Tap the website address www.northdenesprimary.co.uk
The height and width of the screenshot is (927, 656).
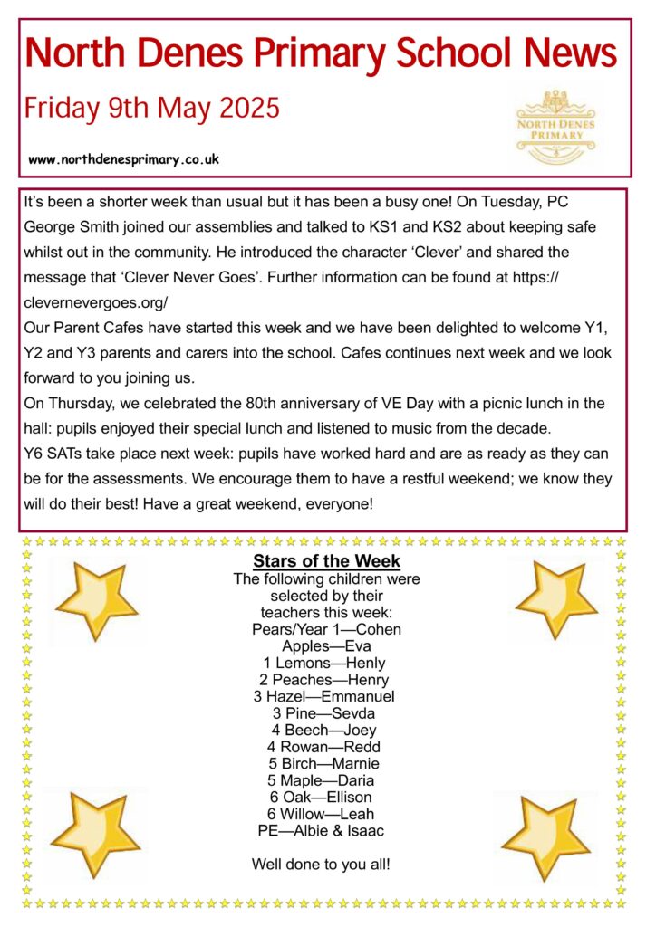(124, 159)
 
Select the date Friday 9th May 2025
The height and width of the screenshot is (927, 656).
(152, 110)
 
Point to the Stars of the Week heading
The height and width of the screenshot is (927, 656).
(327, 561)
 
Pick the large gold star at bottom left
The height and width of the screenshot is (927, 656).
(94, 835)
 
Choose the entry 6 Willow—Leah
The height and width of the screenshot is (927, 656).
(326, 814)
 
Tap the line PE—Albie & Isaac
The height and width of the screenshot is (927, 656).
(326, 830)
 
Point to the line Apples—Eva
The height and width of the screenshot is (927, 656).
(327, 645)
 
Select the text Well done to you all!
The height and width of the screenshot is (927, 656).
(322, 865)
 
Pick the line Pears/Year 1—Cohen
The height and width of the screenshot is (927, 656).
(326, 628)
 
